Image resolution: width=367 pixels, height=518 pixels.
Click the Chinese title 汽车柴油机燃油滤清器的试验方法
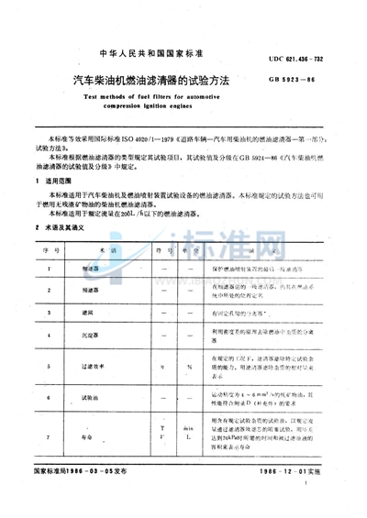149,82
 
